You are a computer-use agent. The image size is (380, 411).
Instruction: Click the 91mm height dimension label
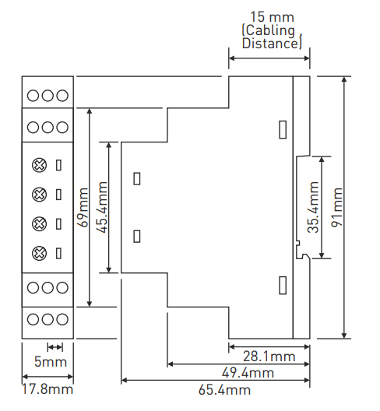point(337,207)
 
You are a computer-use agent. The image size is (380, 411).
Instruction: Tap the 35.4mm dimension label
point(313,207)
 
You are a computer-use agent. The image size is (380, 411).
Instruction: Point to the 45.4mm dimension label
point(101,207)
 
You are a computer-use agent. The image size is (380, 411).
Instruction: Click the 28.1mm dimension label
point(269,357)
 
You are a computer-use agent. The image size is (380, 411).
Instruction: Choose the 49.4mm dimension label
point(248,373)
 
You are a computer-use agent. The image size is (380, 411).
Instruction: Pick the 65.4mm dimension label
point(224,390)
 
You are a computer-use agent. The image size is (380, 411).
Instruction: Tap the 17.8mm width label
point(47,389)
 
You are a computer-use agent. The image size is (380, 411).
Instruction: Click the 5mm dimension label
point(51,362)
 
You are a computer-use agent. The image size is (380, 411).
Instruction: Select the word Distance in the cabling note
point(270,44)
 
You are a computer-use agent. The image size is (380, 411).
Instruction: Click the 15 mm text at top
point(273,17)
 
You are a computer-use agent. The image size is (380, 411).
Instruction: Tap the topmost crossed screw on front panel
point(40,165)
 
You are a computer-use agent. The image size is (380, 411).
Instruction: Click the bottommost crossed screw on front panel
point(40,253)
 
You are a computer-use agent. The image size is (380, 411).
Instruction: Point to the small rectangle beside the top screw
point(58,165)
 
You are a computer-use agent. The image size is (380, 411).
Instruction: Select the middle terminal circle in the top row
point(47,96)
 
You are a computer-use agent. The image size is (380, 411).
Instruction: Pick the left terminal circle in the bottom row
point(33,319)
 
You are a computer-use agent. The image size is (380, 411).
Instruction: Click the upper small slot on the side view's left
point(137,179)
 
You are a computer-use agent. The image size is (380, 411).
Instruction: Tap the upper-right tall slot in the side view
point(283,129)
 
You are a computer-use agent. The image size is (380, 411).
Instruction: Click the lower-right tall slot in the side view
point(283,285)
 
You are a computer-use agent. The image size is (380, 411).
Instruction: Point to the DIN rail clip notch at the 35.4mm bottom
point(304,255)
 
